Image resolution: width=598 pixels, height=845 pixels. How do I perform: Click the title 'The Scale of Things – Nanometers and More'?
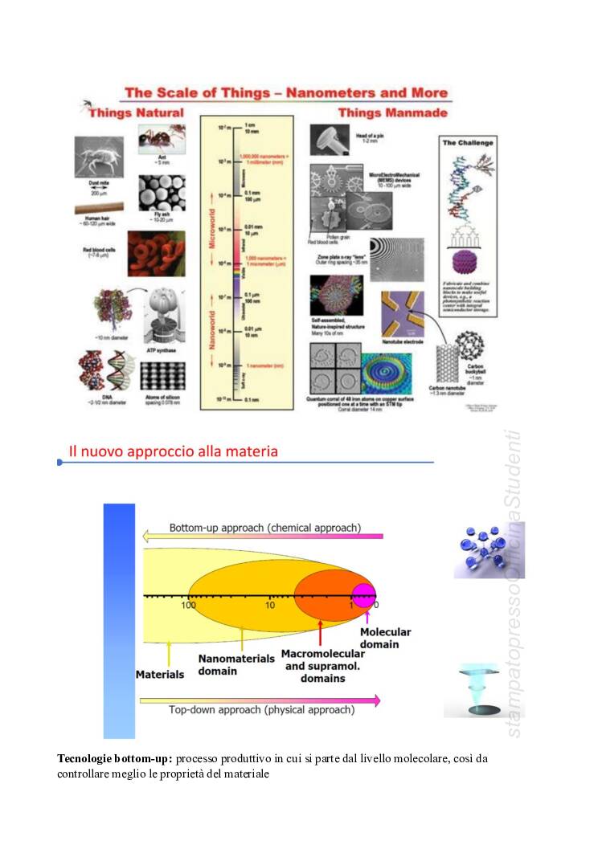pos(285,93)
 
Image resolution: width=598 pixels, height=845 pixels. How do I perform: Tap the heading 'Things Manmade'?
pos(392,113)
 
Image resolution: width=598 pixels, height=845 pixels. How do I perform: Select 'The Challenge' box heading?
pos(466,143)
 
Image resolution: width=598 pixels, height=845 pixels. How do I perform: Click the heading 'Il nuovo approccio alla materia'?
pos(174,451)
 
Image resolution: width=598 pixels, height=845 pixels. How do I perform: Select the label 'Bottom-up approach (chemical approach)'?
pos(264,528)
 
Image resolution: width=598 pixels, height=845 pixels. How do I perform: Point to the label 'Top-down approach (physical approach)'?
pos(261,709)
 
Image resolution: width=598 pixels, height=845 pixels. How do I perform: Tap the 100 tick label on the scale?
pos(188,604)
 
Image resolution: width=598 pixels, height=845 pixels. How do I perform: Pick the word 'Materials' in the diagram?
pos(160,675)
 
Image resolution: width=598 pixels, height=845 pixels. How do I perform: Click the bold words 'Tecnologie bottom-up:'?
pos(115,758)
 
